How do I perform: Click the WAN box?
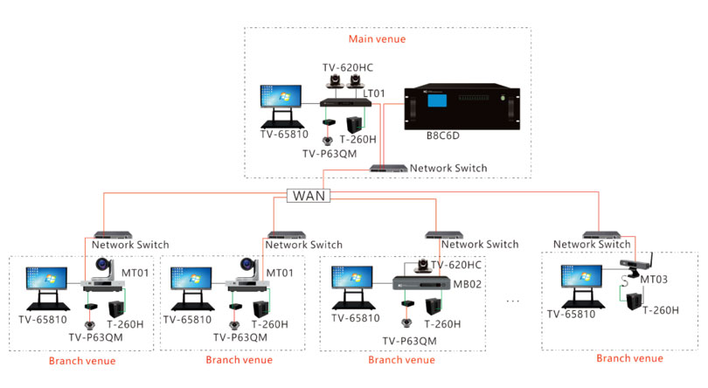click(x=308, y=196)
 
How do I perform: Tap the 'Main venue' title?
click(x=377, y=38)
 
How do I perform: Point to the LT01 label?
click(x=384, y=93)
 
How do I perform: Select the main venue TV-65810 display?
click(x=281, y=105)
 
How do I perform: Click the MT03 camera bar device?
click(x=635, y=264)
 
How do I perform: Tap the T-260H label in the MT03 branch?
click(x=662, y=309)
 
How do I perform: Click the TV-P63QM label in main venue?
click(x=331, y=154)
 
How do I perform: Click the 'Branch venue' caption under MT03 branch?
click(x=629, y=358)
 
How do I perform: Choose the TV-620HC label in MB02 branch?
click(x=459, y=265)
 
